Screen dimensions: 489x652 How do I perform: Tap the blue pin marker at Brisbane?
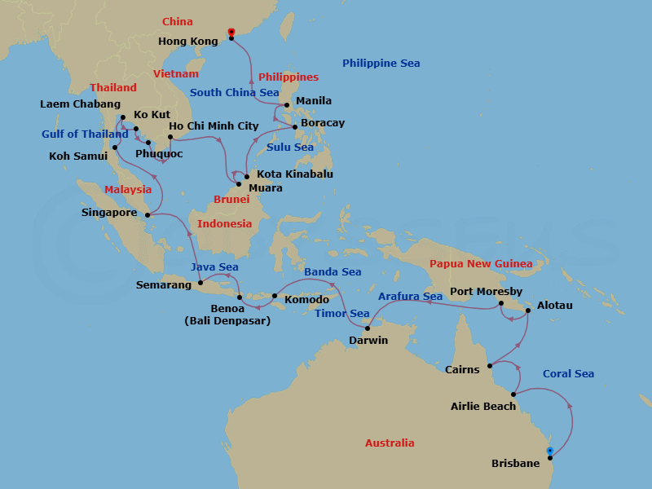[550, 452]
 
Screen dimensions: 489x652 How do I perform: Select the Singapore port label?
[109, 213]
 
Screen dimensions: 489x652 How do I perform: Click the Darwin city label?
[368, 340]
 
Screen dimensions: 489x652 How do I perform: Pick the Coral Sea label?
[568, 374]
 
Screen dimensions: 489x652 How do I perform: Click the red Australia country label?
[389, 443]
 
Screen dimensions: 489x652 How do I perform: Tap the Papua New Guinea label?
[481, 263]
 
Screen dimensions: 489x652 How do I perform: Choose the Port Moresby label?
[486, 292]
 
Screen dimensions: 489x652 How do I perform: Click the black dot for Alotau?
[529, 310]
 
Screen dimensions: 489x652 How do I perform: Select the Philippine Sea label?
[381, 64]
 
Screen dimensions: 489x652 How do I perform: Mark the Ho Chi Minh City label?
[214, 126]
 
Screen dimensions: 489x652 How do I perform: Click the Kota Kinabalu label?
[295, 174]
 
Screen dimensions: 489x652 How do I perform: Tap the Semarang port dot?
[200, 284]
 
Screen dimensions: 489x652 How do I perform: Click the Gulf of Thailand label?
[86, 134]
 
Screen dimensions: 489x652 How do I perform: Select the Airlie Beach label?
[483, 406]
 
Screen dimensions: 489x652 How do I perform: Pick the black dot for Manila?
[286, 104]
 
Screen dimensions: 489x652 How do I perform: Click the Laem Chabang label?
[80, 104]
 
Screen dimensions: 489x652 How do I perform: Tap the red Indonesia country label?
[225, 224]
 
